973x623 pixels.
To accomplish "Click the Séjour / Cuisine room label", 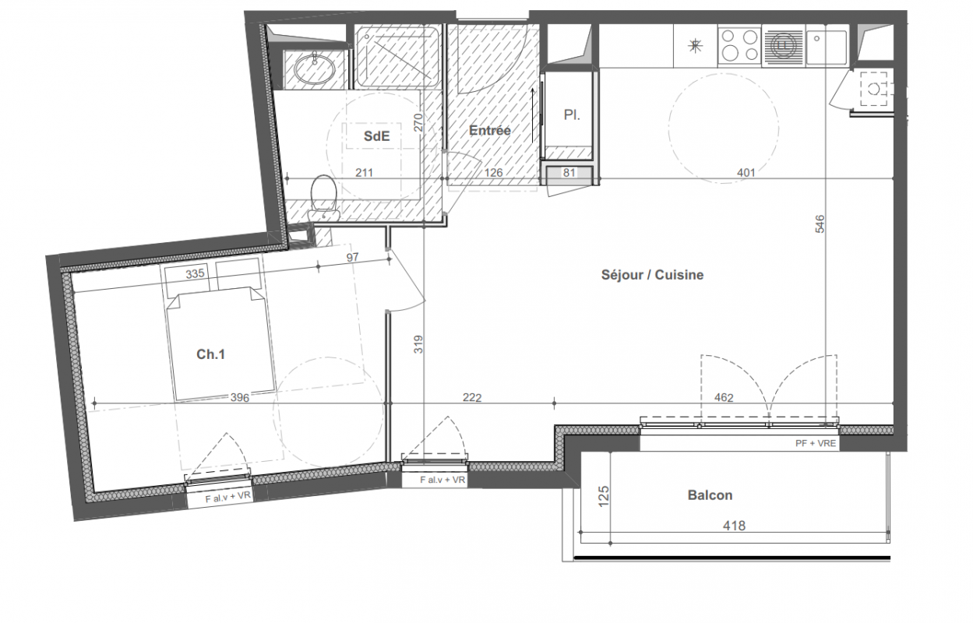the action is click(x=652, y=275).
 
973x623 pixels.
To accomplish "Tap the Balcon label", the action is click(x=710, y=495).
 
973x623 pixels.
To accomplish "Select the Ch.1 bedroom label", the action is click(x=210, y=354).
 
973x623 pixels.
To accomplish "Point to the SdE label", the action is click(x=376, y=136).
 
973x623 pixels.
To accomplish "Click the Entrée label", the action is click(x=489, y=130).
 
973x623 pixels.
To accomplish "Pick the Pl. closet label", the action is click(x=572, y=114).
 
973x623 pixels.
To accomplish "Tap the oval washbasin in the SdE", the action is click(x=315, y=68).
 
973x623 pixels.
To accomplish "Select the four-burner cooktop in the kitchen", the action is click(x=739, y=44).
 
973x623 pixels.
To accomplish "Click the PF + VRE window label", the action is click(x=816, y=443).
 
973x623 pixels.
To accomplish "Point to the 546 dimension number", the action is click(x=820, y=224).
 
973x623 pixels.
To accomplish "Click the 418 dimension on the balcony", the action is click(x=734, y=526).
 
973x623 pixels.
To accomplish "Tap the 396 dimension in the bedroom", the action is click(x=240, y=397).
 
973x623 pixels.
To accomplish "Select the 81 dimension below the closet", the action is click(x=569, y=173).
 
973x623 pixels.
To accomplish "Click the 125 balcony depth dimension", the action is click(x=604, y=496).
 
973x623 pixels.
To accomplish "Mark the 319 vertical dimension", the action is click(x=418, y=344).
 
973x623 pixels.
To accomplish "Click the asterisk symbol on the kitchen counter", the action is click(x=696, y=45).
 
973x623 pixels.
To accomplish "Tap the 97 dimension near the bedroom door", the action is click(x=352, y=257).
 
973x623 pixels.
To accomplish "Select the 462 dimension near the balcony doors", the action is click(x=724, y=397).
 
